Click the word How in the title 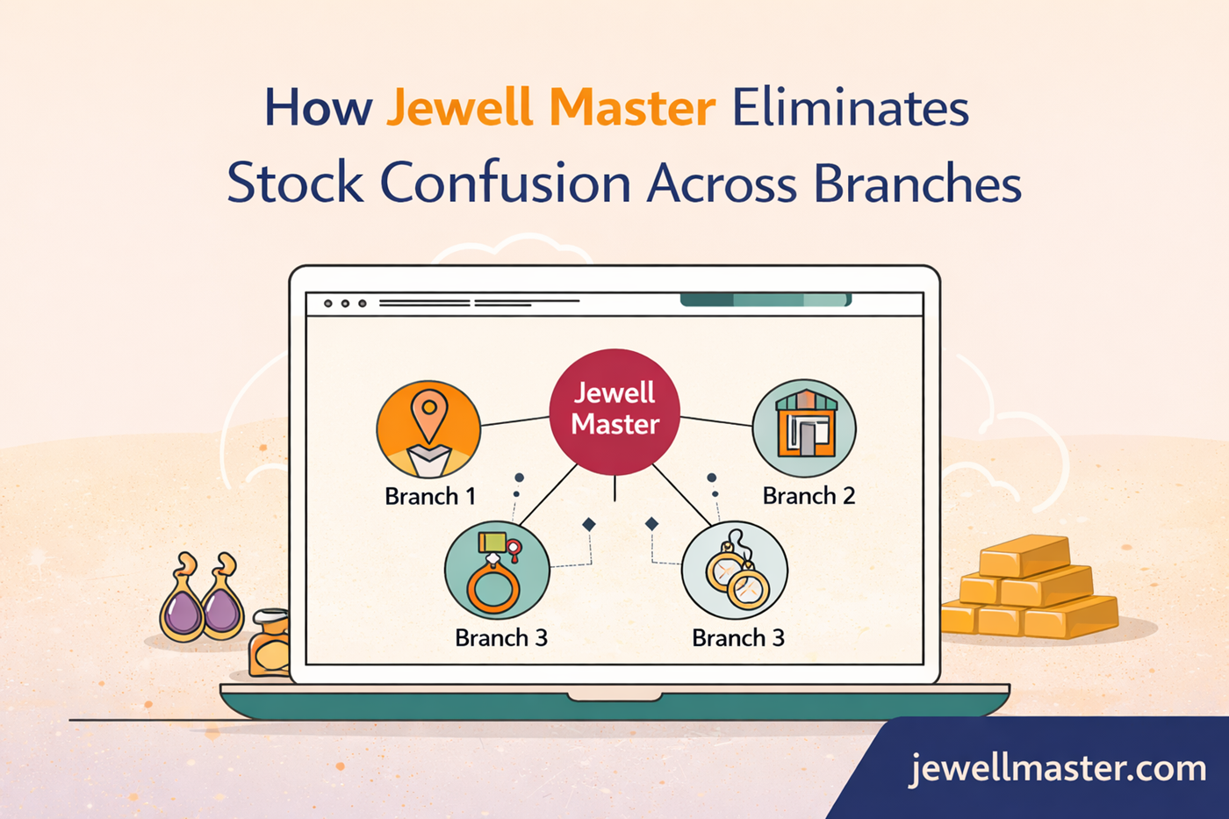318,109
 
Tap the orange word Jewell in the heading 459,109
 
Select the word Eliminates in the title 850,109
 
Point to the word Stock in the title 295,183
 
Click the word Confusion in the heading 505,183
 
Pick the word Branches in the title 917,183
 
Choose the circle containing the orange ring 497,571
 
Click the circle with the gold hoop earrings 735,571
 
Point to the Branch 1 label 430,497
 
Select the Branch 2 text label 809,496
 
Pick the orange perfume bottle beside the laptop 270,644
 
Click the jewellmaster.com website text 1058,769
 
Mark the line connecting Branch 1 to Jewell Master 514,421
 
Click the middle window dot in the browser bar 345,304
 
